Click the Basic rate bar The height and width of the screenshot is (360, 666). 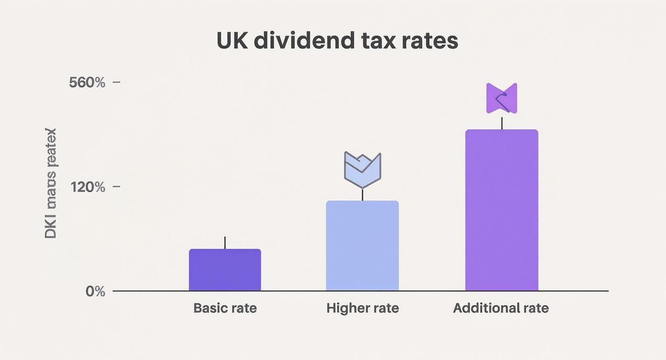225,270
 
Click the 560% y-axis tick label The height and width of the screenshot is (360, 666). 87,82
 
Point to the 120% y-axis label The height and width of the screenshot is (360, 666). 88,187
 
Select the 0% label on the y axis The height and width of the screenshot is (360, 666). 95,291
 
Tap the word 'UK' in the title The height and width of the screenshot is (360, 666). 232,41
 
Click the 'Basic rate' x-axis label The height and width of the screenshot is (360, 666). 225,308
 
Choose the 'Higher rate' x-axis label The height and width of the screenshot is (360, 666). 362,308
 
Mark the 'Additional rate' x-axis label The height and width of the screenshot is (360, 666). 500,308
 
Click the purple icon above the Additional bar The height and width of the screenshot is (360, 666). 501,98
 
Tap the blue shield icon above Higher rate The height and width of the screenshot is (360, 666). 362,169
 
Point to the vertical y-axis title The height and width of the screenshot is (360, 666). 51,183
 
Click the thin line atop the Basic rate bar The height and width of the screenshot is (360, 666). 225,243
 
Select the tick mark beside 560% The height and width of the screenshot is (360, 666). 116,82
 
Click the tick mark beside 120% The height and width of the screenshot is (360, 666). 116,187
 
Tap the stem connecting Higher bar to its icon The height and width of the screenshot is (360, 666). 362,195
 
